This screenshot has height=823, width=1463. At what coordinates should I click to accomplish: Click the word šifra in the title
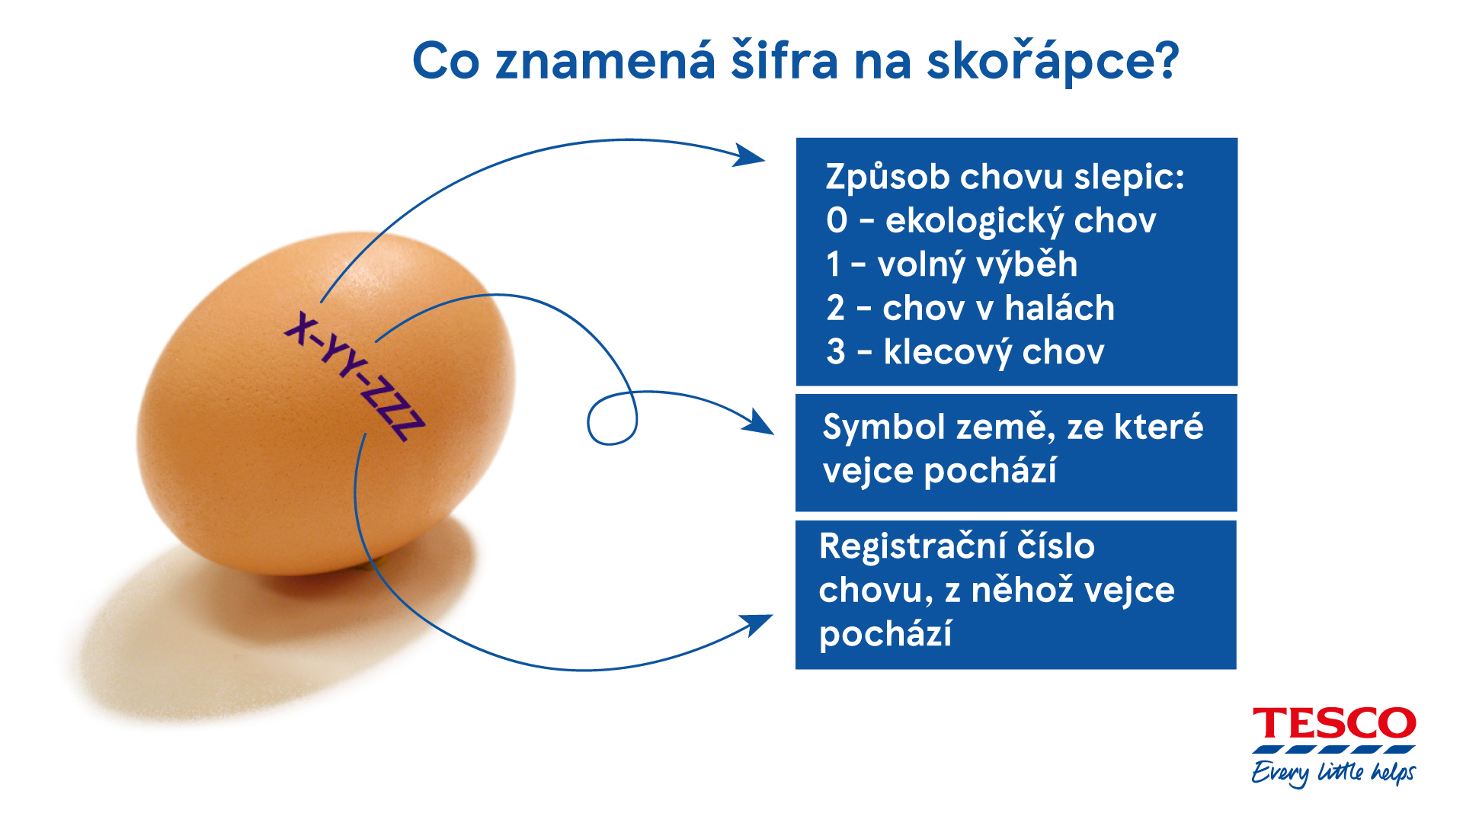[784, 59]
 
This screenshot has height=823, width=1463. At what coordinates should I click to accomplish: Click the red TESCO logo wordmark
[1334, 723]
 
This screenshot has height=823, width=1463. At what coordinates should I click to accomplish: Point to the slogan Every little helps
[1333, 773]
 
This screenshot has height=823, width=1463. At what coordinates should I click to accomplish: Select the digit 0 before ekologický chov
[837, 220]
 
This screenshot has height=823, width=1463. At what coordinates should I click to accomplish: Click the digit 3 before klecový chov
[836, 351]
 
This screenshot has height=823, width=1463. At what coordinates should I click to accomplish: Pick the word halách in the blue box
[1059, 308]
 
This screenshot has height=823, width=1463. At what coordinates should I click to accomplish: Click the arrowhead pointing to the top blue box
[748, 155]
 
